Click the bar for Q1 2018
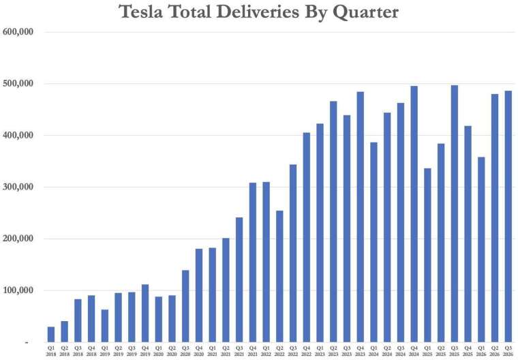pos(51,334)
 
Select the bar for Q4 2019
pos(145,313)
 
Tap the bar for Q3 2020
pos(185,306)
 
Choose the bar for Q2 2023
pos(333,222)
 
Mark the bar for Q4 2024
pos(414,214)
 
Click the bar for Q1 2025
pos(427,255)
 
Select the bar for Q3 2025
pos(455,213)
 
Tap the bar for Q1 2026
pos(481,250)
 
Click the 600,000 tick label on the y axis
pos(18,32)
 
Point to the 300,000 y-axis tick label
pos(18,187)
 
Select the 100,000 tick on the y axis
pos(18,290)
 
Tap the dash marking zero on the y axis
pos(27,343)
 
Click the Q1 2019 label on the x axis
pos(105,351)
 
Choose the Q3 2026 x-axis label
pos(508,351)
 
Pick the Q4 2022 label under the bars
pos(306,351)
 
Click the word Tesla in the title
pos(140,12)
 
